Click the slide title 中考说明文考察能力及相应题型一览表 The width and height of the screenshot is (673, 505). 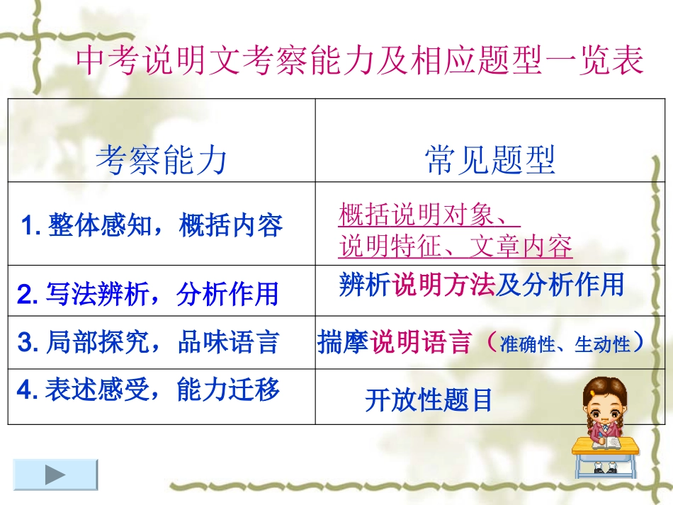pyautogui.click(x=359, y=61)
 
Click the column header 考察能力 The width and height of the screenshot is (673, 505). pyautogui.click(x=162, y=160)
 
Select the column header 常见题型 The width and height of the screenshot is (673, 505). pyautogui.click(x=490, y=160)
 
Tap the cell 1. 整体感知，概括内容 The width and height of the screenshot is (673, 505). pyautogui.click(x=153, y=226)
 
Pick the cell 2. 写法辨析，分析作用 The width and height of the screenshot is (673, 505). pyautogui.click(x=147, y=293)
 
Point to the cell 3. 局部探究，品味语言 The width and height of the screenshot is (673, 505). pyautogui.click(x=147, y=343)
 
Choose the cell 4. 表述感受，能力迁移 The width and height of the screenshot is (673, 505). pyautogui.click(x=147, y=390)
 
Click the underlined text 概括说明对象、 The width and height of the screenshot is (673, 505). pyautogui.click(x=429, y=213)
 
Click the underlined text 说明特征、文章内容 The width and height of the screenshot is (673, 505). pyautogui.click(x=456, y=246)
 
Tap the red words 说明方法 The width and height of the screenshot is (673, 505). pyautogui.click(x=443, y=285)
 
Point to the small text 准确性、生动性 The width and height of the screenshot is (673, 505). pyautogui.click(x=565, y=345)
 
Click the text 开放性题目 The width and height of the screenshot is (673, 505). pyautogui.click(x=429, y=401)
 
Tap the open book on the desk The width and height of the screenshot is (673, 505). pyautogui.click(x=604, y=443)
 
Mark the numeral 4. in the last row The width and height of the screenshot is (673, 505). pyautogui.click(x=26, y=390)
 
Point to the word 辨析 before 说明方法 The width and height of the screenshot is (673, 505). pyautogui.click(x=365, y=285)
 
